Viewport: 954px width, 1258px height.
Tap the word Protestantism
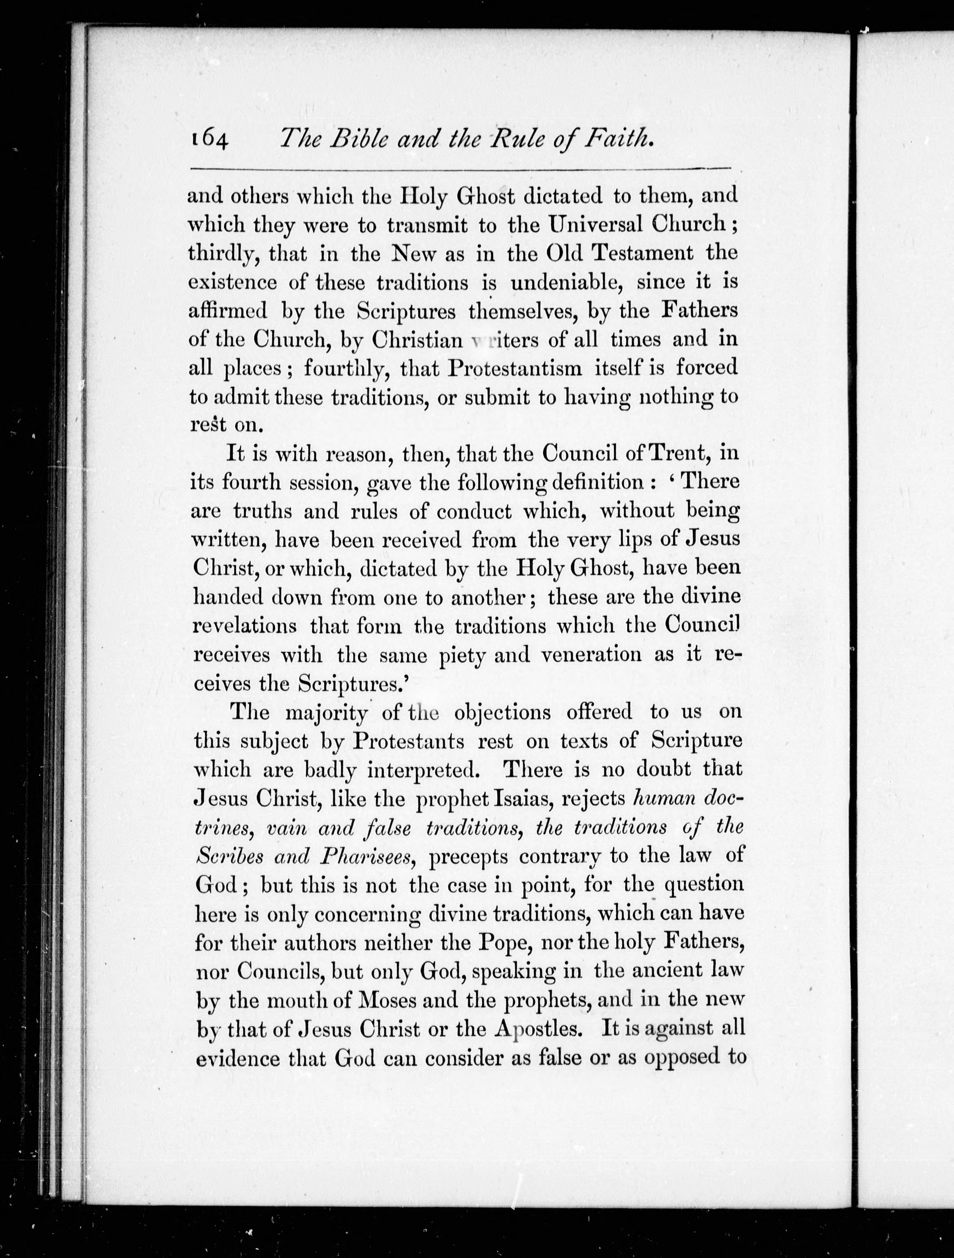[515, 368]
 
